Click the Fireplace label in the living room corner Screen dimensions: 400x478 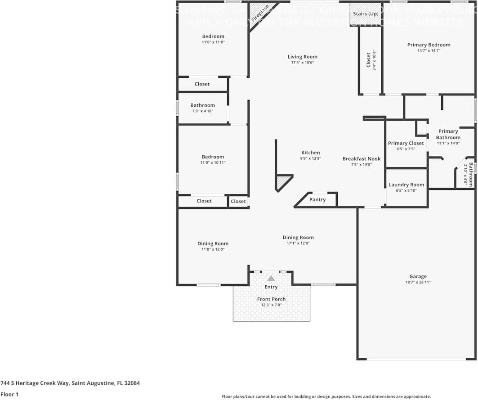tap(260, 13)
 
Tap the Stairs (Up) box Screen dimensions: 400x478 tap(365, 14)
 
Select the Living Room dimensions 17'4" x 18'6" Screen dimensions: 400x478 tap(302, 63)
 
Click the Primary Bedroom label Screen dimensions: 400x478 tap(429, 45)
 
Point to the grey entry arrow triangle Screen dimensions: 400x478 tap(271, 279)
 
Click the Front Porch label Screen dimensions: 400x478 tap(271, 299)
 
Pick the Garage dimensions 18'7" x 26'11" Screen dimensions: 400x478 tap(418, 283)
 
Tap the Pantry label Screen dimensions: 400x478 tap(317, 200)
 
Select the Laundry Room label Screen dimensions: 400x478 tap(406, 184)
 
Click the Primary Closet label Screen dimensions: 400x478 tap(406, 143)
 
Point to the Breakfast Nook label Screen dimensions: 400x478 tap(361, 158)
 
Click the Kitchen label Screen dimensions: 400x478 tap(310, 153)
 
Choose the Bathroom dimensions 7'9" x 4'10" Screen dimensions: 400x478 tap(202, 111)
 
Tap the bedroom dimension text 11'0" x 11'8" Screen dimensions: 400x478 tap(213, 42)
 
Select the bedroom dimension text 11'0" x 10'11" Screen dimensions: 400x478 tap(213, 162)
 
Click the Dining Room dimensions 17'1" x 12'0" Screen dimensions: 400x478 tap(298, 243)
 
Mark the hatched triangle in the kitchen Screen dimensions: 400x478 tap(282, 182)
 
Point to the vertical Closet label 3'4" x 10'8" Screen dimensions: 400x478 tap(369, 60)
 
